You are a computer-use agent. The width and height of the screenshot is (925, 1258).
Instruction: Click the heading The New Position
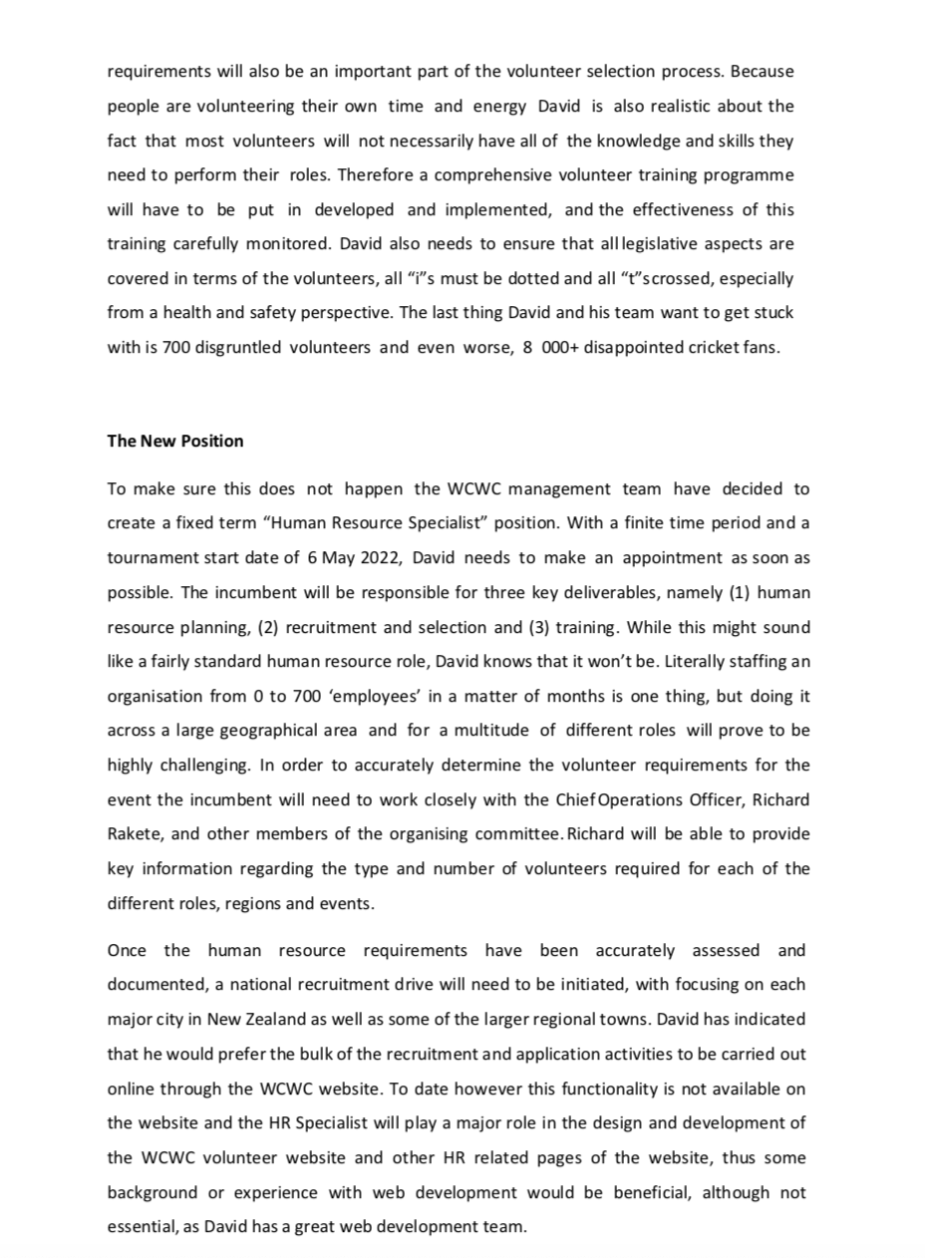(175, 441)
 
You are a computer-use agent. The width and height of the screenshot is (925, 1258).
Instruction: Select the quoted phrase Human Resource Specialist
(363, 522)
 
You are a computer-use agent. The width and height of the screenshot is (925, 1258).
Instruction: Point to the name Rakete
(134, 834)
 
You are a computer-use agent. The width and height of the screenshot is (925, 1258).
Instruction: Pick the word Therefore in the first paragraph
(370, 174)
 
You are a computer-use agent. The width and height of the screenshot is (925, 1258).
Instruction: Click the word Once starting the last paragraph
(127, 950)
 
